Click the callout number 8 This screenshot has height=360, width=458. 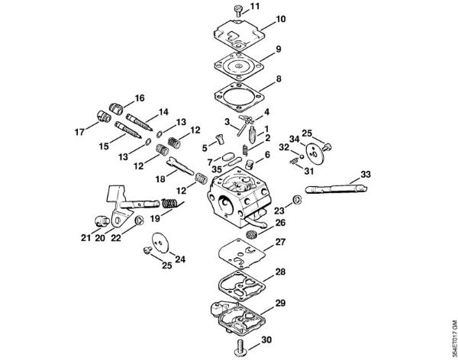pyautogui.click(x=257, y=79)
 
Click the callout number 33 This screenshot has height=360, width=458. pyautogui.click(x=366, y=175)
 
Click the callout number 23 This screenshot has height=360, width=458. pyautogui.click(x=279, y=209)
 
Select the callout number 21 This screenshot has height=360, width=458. pyautogui.click(x=85, y=237)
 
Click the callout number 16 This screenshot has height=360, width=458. pyautogui.click(x=139, y=98)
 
